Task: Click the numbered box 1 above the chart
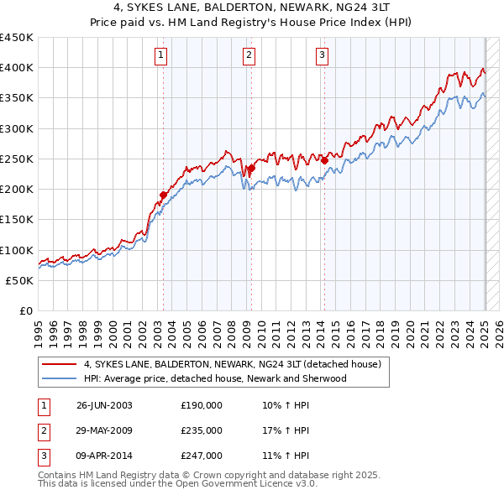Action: [160, 56]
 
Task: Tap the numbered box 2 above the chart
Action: [249, 56]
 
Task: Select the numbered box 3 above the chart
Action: [323, 56]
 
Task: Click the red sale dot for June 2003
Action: [164, 195]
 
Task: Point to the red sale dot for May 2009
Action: [251, 168]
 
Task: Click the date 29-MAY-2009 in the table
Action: [104, 430]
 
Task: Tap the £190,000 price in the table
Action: [202, 405]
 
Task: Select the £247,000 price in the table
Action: [202, 456]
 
